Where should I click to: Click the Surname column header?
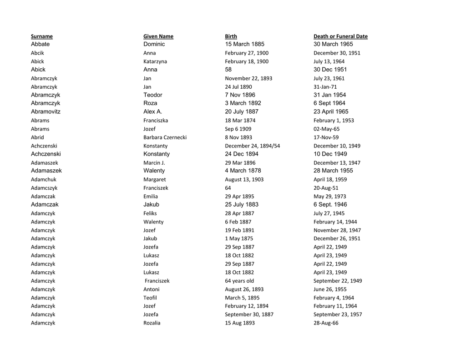[42, 36]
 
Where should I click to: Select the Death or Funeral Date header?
[340, 36]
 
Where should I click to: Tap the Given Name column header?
[158, 36]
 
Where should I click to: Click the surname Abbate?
[41, 44]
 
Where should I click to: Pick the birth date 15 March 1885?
[244, 44]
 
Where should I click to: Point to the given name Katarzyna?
[155, 61]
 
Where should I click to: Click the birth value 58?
[228, 70]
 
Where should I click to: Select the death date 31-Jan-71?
[325, 87]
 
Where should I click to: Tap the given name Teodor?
[153, 95]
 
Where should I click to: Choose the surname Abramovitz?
[46, 112]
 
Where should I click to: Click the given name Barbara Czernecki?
[165, 137]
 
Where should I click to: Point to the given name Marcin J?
[154, 163]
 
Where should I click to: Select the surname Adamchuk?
[44, 180]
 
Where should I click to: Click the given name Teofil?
[150, 298]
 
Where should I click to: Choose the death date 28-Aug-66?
[326, 323]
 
